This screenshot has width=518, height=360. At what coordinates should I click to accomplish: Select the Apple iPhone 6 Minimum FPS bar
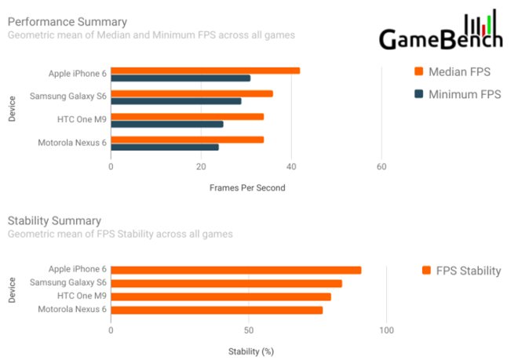click(x=181, y=78)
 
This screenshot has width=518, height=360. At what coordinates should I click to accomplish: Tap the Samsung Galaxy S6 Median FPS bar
click(x=192, y=93)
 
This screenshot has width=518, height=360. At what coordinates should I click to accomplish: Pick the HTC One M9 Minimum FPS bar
click(x=167, y=124)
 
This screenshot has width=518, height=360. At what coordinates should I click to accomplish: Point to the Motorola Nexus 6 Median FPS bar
click(x=188, y=140)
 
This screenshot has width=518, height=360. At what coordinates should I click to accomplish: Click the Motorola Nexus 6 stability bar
click(x=217, y=310)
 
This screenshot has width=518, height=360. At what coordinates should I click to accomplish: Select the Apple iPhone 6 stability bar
click(x=236, y=270)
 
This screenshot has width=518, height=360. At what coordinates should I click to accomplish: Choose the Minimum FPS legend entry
click(x=458, y=95)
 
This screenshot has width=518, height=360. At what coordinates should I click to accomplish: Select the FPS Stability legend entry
click(x=461, y=271)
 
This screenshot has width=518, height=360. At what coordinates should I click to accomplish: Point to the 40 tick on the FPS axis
click(x=291, y=166)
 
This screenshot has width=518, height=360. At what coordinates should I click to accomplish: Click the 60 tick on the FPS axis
click(x=381, y=166)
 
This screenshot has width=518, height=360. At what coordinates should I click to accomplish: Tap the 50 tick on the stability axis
click(x=249, y=330)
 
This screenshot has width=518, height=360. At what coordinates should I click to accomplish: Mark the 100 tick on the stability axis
click(x=386, y=330)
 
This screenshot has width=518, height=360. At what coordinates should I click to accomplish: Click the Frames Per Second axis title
click(x=247, y=187)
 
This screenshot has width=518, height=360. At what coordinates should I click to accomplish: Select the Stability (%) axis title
click(x=251, y=351)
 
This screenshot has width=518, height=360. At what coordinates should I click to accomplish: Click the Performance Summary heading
click(x=67, y=21)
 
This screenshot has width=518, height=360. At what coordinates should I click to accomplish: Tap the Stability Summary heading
click(x=54, y=221)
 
